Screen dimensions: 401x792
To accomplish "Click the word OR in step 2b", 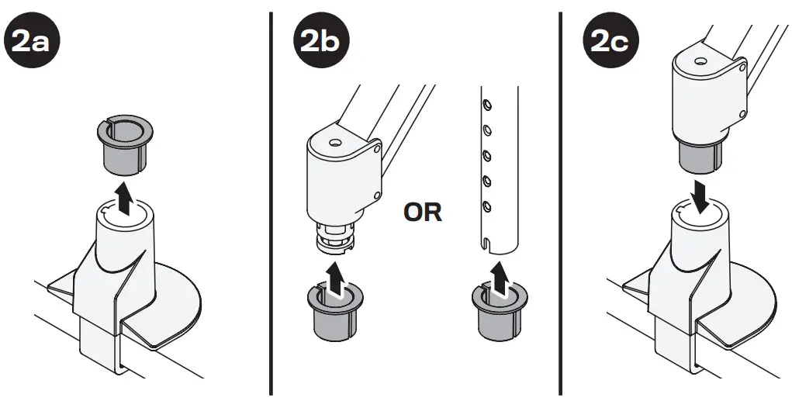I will point(423,212).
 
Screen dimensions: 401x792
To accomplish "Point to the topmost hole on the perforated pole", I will point(486,102).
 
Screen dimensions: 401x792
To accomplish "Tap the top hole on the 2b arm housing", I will point(334,143).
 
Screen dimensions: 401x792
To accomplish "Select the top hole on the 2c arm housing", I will point(700,60).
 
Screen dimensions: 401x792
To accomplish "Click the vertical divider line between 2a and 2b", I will point(271,202).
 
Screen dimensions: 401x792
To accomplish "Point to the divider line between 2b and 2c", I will point(561,202).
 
